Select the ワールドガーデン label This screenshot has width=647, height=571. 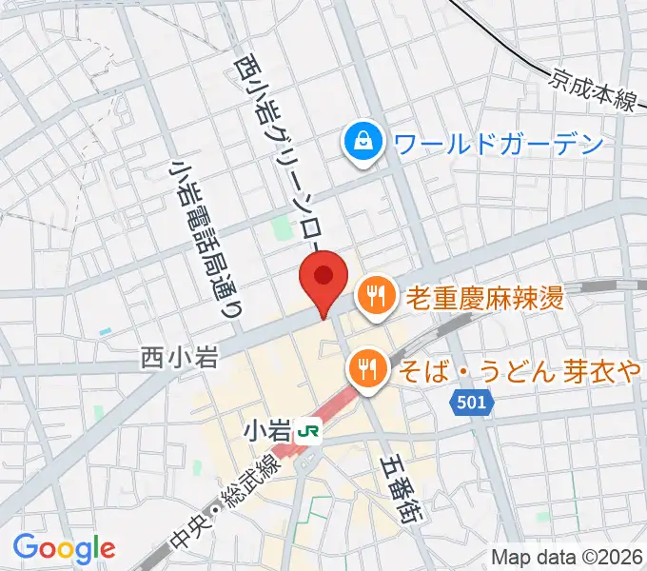[499, 145]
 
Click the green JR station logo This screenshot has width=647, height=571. [308, 432]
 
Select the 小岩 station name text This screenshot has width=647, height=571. [268, 431]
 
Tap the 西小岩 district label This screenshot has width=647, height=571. [180, 358]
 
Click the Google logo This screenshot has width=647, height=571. [65, 547]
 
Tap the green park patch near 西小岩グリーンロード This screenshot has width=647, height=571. [283, 229]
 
